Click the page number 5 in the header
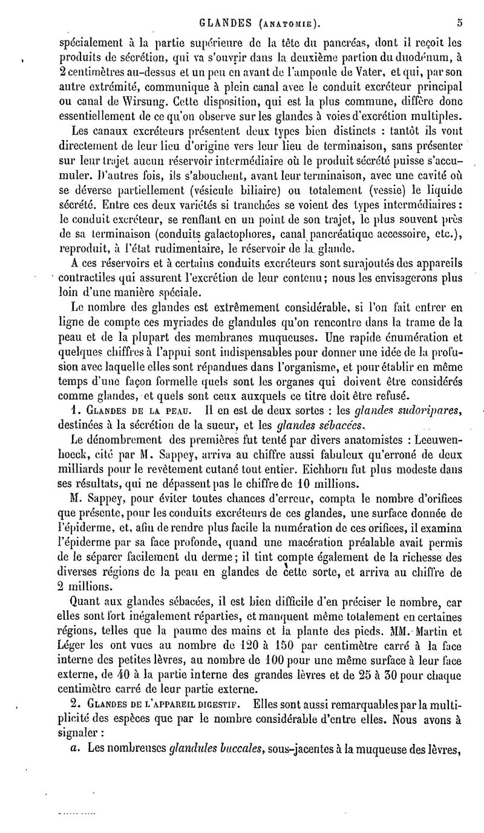pyautogui.click(x=460, y=25)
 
